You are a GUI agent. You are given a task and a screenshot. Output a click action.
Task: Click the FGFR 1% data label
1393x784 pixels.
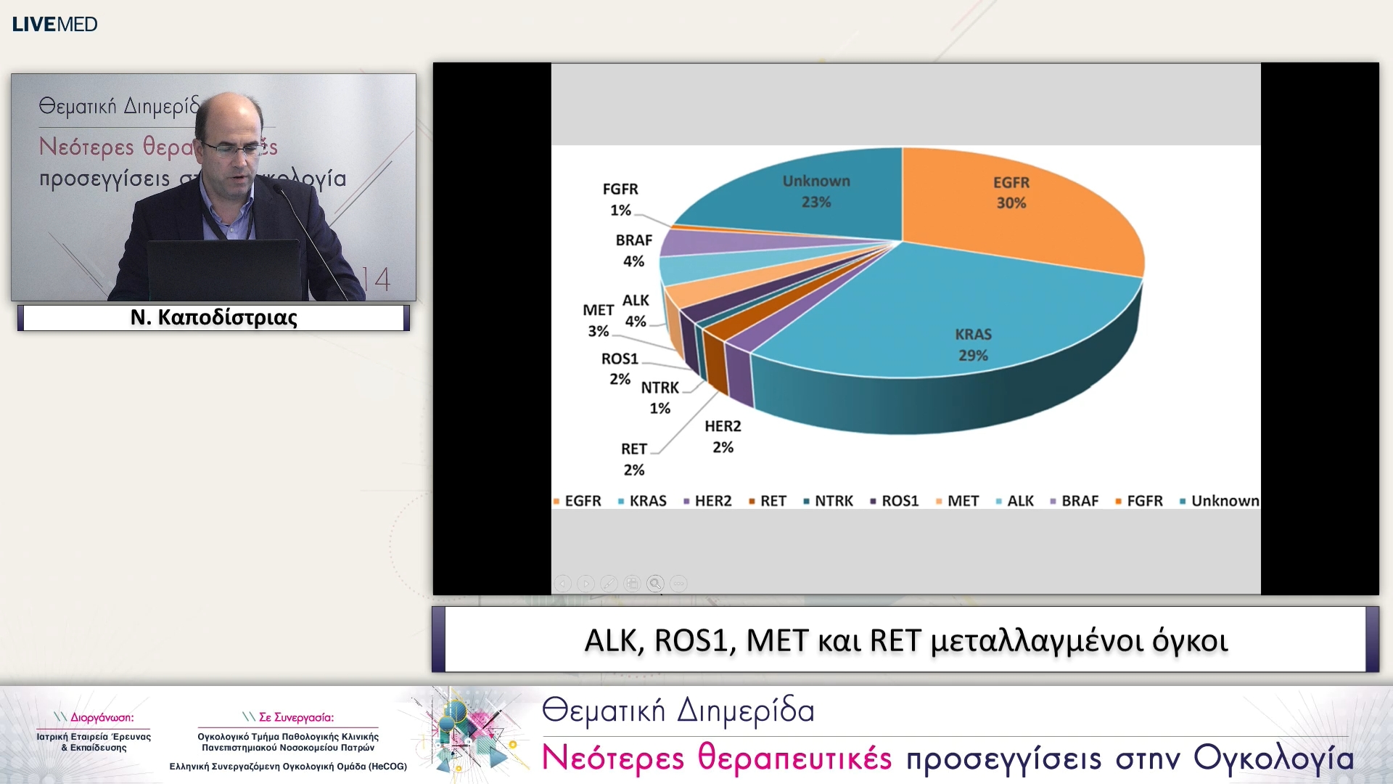(620, 200)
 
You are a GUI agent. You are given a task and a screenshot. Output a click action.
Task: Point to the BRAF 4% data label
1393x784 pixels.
(634, 250)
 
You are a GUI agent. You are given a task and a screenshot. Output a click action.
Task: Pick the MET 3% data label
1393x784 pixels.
(598, 320)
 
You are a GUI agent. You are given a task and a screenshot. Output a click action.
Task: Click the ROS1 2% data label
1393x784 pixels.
(620, 369)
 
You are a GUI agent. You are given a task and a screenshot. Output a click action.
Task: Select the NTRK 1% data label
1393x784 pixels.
(659, 398)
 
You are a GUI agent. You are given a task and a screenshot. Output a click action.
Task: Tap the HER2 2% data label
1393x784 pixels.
(723, 436)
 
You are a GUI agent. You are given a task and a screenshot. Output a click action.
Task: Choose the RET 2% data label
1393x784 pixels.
(633, 459)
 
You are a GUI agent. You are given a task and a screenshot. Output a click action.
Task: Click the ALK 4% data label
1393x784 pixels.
(636, 311)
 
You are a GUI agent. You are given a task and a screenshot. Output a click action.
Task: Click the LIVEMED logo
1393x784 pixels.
(54, 24)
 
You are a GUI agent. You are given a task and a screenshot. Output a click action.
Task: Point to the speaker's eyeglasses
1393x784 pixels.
(231, 150)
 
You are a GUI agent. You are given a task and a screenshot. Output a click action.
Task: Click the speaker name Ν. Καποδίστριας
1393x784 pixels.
(213, 318)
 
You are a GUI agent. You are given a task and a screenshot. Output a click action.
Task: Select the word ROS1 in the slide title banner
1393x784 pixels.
(695, 640)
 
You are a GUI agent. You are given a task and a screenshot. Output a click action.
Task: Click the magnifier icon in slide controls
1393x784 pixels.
(655, 584)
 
